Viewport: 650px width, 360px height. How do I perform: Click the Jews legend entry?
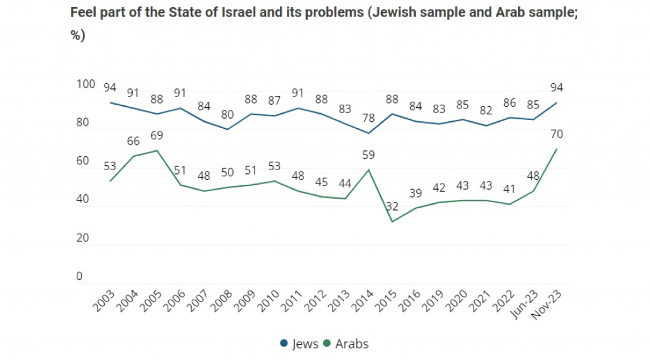[x=300, y=343]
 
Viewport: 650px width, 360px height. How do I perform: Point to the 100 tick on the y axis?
[x=86, y=84]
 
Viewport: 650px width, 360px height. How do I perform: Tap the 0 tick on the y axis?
[x=79, y=276]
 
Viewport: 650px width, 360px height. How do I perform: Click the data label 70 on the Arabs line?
[x=557, y=134]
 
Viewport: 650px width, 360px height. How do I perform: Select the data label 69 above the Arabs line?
[x=156, y=136]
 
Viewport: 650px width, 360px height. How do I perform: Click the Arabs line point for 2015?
[x=392, y=222]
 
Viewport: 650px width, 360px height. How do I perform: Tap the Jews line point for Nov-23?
[x=557, y=103]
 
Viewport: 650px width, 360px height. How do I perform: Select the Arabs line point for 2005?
[x=157, y=150]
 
